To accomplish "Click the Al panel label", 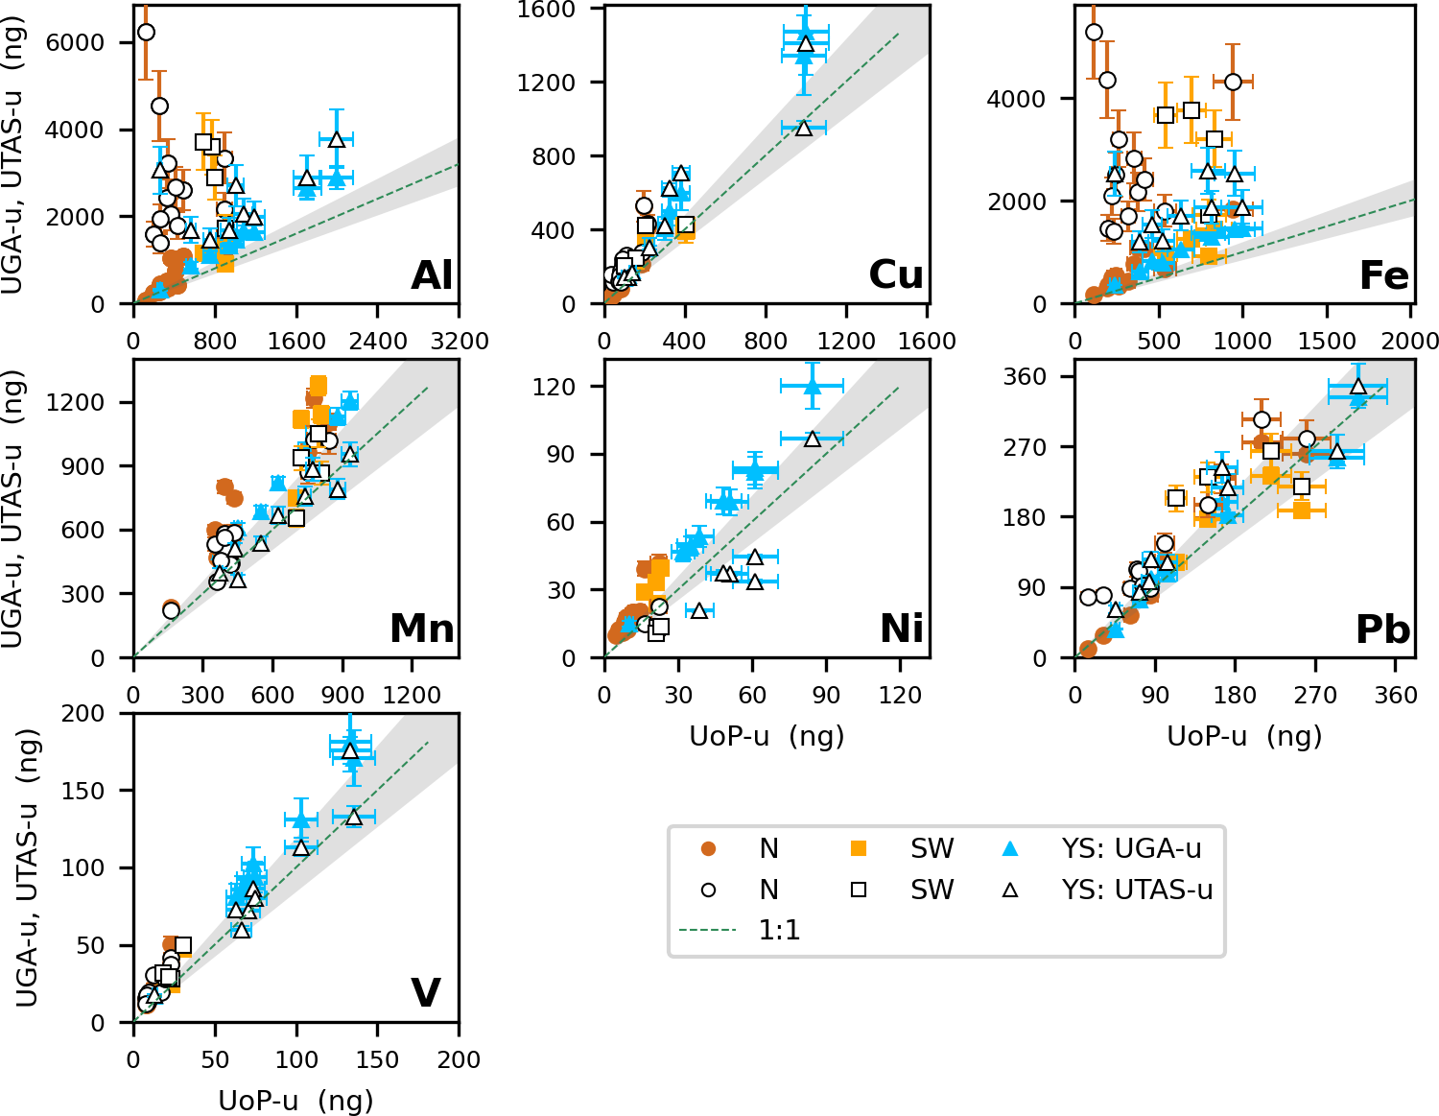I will point(432,276).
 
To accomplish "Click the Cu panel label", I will point(896,275).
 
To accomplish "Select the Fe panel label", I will point(1383,276).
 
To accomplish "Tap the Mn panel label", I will point(422,629).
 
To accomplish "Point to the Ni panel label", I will point(902,629).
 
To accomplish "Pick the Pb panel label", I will point(1382,630).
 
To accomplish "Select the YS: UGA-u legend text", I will point(1131,848).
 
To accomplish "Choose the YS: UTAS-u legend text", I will point(1137,890).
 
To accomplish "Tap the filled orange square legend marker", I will point(859,848).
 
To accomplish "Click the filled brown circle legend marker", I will point(709,848).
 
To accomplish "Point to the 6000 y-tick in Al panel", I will point(83,42).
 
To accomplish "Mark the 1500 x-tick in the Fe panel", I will point(1327,342).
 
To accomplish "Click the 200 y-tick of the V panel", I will point(84,713).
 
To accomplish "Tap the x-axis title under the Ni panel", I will point(767,736).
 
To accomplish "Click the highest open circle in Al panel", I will point(146,33).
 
